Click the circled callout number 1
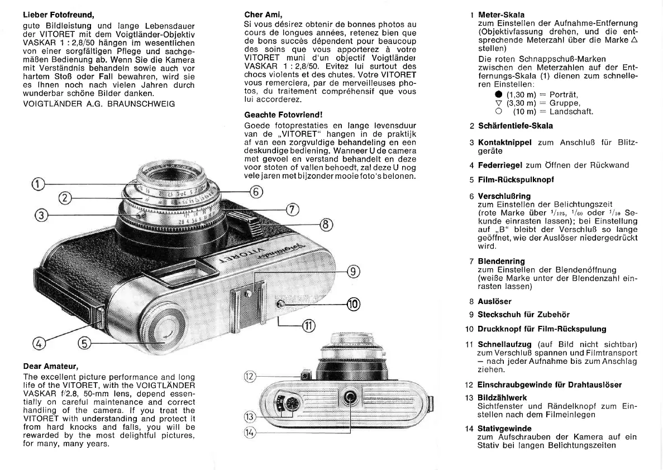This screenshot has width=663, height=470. coord(37,183)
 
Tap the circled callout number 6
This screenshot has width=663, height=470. coord(256,192)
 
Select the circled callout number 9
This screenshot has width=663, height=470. coord(353,272)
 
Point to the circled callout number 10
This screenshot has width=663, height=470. coord(353,304)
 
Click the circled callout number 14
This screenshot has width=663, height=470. coord(250,431)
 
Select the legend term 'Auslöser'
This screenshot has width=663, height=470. coord(494,301)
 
